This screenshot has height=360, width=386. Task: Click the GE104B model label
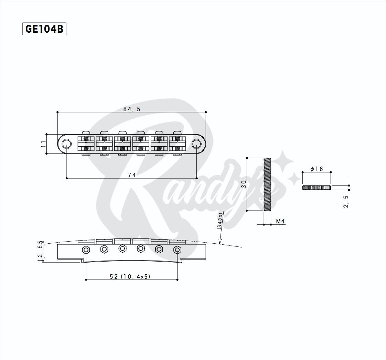pyautogui.click(x=44, y=29)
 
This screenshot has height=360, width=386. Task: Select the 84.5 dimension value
pyautogui.click(x=132, y=109)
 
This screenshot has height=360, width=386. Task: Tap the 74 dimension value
pyautogui.click(x=132, y=175)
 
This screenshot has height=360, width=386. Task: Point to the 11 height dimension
pyautogui.click(x=43, y=144)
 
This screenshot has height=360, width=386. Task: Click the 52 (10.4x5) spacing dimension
pyautogui.click(x=130, y=276)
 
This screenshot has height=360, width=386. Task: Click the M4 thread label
pyautogui.click(x=280, y=221)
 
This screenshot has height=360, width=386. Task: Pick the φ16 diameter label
pyautogui.click(x=317, y=169)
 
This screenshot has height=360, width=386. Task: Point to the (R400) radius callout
pyautogui.click(x=220, y=221)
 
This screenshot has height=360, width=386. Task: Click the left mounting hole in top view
pyautogui.click(x=66, y=144)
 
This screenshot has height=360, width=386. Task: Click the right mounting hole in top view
pyautogui.click(x=196, y=144)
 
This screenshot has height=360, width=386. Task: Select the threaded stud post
pyautogui.click(x=267, y=184)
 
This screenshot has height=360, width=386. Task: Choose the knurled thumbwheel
pyautogui.click(x=317, y=188)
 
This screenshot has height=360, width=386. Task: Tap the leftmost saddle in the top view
pyautogui.click(x=86, y=144)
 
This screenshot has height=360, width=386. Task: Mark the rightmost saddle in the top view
pyautogui.click(x=177, y=144)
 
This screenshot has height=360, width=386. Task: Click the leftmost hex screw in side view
pyautogui.click(x=86, y=249)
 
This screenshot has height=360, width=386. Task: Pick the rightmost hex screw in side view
pyautogui.click(x=177, y=249)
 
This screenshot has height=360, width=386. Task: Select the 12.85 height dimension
pyautogui.click(x=40, y=251)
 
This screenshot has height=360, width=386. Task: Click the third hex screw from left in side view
pyautogui.click(x=122, y=248)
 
